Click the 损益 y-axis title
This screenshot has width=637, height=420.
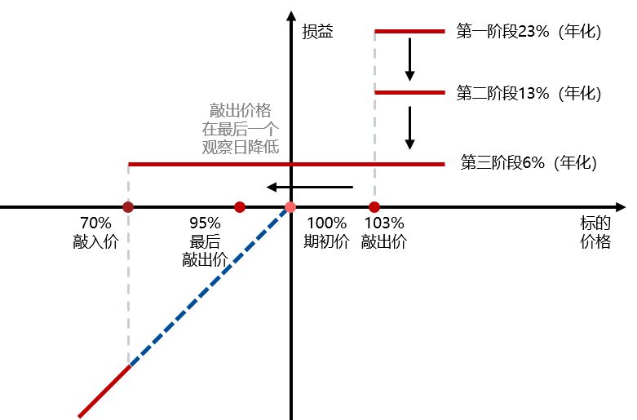click(318, 32)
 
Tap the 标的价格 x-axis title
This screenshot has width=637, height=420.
click(595, 232)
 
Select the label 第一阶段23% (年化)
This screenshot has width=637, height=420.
click(529, 33)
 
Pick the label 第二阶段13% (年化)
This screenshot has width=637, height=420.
click(529, 93)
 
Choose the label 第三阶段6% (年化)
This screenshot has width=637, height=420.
click(529, 163)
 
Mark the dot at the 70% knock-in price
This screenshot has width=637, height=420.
click(128, 207)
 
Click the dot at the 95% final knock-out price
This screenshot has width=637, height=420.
click(239, 207)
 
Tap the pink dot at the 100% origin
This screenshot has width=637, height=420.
click(290, 207)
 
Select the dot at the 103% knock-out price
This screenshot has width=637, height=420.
click(374, 207)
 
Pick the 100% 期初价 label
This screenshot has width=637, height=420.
click(327, 232)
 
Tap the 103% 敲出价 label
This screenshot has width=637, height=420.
click(383, 232)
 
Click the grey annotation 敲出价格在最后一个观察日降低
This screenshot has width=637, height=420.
click(241, 129)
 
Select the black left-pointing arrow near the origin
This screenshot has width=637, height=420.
click(308, 187)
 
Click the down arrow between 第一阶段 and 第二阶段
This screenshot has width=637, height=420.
click(410, 60)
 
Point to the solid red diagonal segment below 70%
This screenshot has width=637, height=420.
click(104, 392)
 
